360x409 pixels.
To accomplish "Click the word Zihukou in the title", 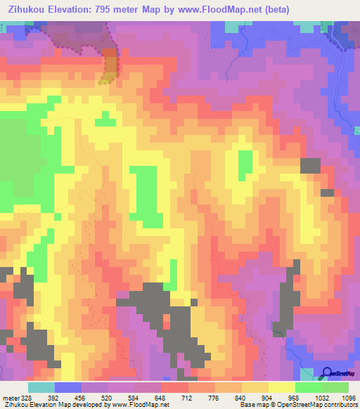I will point(29,10).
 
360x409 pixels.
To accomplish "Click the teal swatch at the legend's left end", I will point(41,387).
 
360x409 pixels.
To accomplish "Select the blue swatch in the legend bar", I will point(67,387).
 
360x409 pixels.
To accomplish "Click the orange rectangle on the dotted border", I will point(110,65).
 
